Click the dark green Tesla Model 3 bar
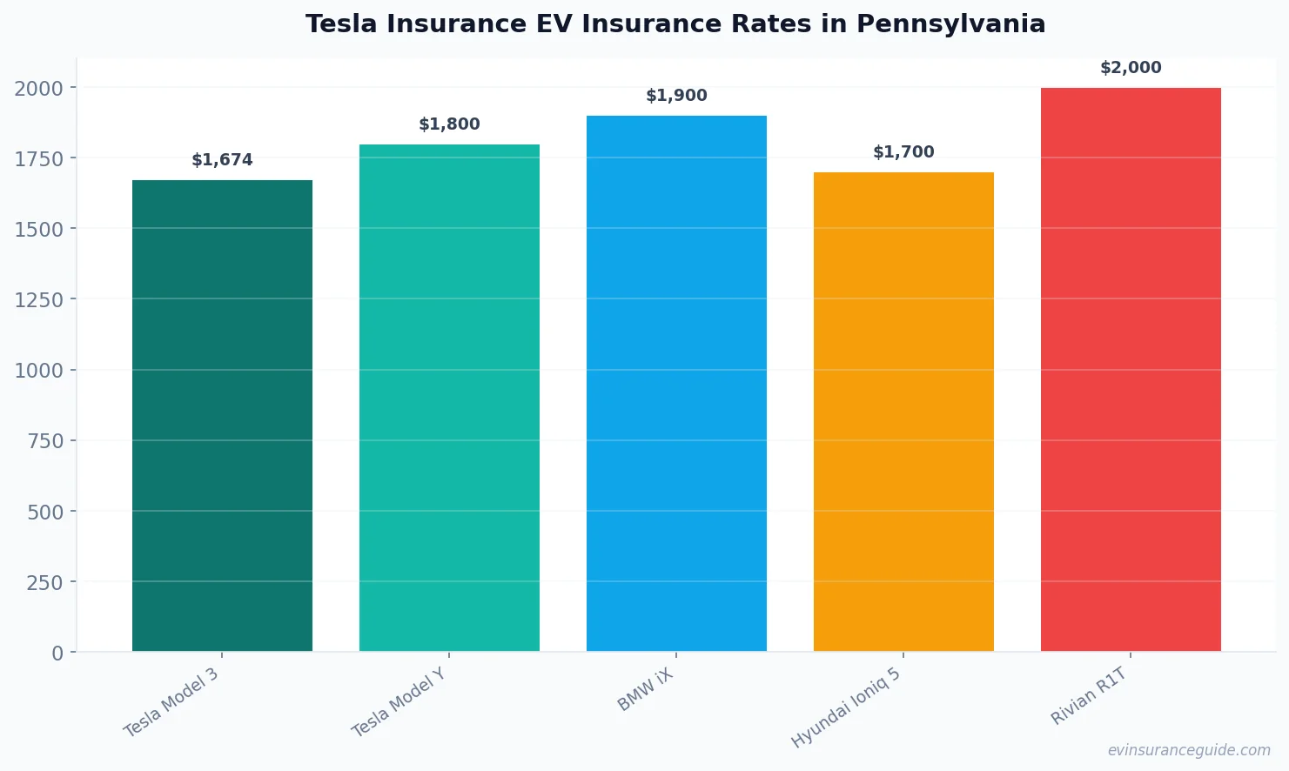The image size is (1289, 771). click(x=222, y=416)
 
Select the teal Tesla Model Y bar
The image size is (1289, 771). click(x=449, y=398)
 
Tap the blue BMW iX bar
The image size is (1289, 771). click(x=676, y=384)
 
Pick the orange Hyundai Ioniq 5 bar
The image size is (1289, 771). click(x=903, y=412)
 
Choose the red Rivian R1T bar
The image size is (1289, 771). click(x=1131, y=370)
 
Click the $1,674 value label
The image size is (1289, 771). click(x=222, y=160)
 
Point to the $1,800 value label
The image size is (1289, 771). click(x=449, y=124)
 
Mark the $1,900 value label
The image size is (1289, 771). click(x=676, y=96)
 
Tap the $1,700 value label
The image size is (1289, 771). click(x=903, y=152)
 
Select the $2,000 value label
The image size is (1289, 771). click(x=1131, y=68)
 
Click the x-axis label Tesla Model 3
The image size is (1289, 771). click(x=171, y=703)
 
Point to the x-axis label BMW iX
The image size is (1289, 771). click(x=646, y=690)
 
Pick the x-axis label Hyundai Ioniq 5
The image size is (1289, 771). click(x=846, y=708)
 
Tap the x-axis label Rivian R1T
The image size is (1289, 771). click(x=1089, y=696)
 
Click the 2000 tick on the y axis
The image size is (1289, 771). click(x=39, y=88)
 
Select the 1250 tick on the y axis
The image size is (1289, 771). click(x=39, y=300)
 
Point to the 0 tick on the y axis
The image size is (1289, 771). click(x=57, y=654)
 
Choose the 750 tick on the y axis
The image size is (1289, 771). click(x=45, y=441)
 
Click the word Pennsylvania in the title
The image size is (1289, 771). click(x=950, y=24)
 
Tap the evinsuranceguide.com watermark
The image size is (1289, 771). click(x=1188, y=750)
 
